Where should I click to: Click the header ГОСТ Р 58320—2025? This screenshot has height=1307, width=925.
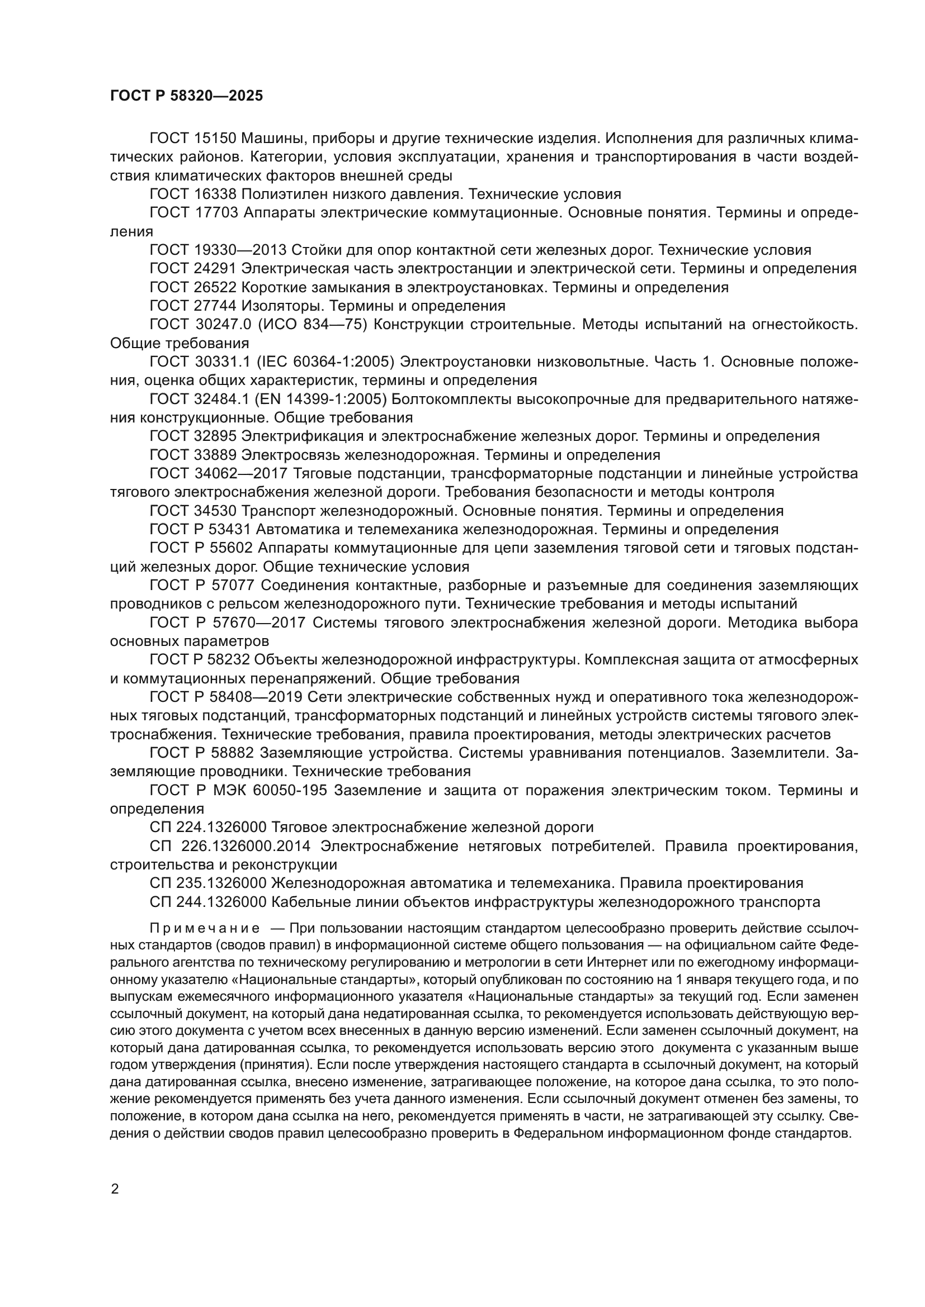coord(186,96)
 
